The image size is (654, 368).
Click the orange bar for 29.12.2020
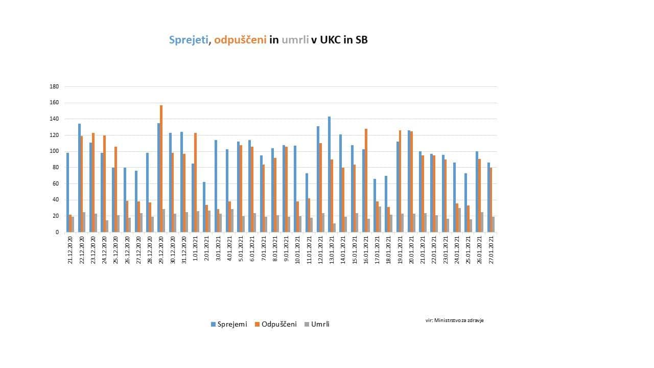click(x=161, y=169)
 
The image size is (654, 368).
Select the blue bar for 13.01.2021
click(x=329, y=174)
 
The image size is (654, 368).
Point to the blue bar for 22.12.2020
click(x=79, y=178)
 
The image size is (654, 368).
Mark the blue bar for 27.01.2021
click(x=488, y=197)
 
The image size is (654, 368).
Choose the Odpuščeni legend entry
click(x=276, y=324)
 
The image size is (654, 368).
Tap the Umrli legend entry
click(x=317, y=324)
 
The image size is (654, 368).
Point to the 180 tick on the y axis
click(x=54, y=86)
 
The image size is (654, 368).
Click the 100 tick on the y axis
click(x=54, y=151)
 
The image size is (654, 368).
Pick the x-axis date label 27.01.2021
click(x=492, y=250)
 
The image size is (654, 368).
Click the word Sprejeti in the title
click(x=189, y=40)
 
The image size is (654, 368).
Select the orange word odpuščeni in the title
click(x=241, y=40)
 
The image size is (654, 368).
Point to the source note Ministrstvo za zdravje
click(x=454, y=320)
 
